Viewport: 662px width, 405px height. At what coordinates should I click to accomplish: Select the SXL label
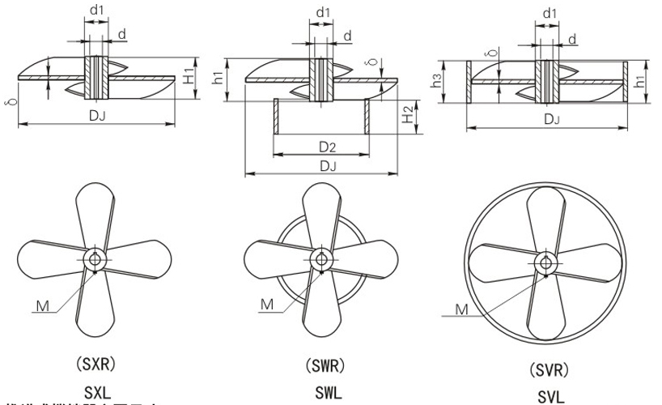[96, 390]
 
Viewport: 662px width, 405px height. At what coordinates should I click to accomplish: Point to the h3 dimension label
[437, 81]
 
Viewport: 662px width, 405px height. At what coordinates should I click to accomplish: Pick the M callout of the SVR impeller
[461, 309]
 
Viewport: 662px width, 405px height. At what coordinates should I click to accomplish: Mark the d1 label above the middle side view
[323, 13]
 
